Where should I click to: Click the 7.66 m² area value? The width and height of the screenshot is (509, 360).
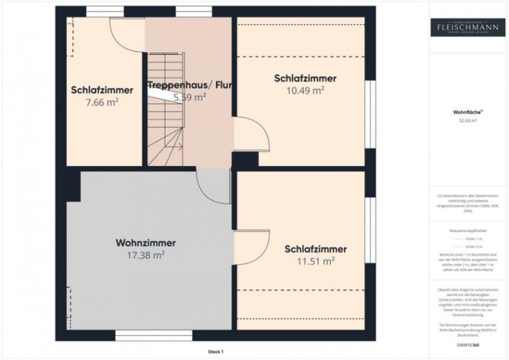[x=102, y=101]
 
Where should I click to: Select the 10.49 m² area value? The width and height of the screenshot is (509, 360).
[x=305, y=90]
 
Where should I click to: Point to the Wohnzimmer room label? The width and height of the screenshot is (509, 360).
[x=146, y=242]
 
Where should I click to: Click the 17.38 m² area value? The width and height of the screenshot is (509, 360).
[x=146, y=254]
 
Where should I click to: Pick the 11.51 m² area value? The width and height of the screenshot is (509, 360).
[x=316, y=261]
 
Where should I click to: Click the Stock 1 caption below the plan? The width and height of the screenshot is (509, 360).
[x=216, y=351]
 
